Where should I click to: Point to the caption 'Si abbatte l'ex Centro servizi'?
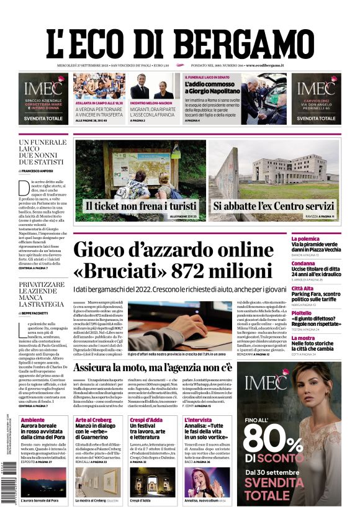click(x=274, y=206)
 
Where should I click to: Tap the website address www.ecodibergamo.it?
click(x=264, y=65)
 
